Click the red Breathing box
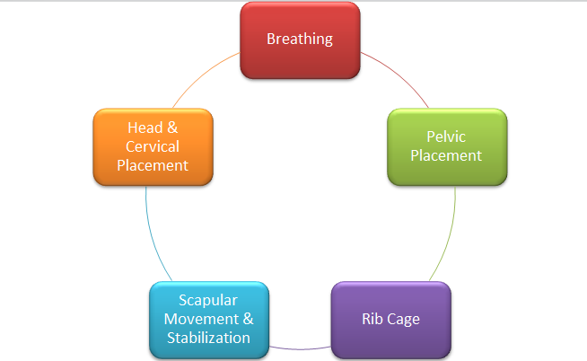point(301,40)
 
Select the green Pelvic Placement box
point(447,146)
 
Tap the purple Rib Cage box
point(391,321)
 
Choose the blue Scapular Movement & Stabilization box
point(209,321)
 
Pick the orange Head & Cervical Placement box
point(153,146)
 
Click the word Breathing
point(300,40)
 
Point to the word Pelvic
point(446,136)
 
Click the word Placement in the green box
point(446,155)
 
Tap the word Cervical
point(153,146)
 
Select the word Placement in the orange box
point(153,165)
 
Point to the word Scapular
point(208,300)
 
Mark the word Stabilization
point(208,338)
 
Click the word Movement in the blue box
point(201,319)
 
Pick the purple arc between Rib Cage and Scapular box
point(301,349)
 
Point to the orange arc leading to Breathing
point(203,76)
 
